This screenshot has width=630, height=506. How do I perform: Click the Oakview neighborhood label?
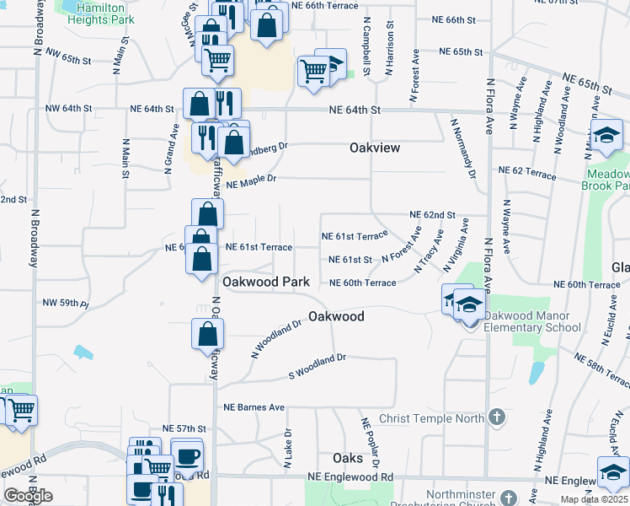click(375, 148)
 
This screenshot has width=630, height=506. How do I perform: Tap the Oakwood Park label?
click(265, 281)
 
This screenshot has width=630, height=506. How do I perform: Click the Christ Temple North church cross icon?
click(498, 417)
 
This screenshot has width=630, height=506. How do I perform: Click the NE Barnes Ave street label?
click(254, 407)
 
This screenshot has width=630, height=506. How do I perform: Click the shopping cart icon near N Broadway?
click(23, 410)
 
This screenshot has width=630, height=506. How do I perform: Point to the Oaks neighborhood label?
click(347, 458)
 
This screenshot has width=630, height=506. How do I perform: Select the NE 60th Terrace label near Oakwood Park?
click(362, 283)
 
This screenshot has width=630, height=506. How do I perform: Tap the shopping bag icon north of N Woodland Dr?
click(207, 333)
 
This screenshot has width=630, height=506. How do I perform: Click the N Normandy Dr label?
click(464, 150)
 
